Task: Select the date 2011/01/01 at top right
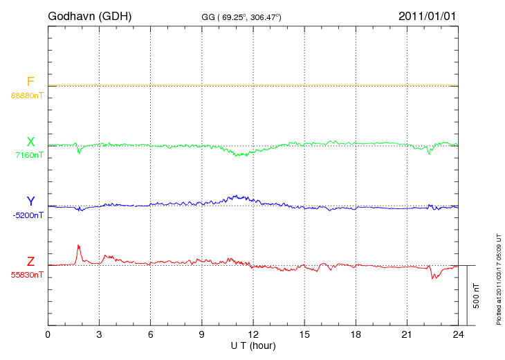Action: pyautogui.click(x=427, y=15)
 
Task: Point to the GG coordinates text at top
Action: pyautogui.click(x=241, y=16)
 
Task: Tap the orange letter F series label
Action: pyautogui.click(x=30, y=82)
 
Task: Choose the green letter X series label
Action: pyautogui.click(x=30, y=142)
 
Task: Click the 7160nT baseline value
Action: pyautogui.click(x=28, y=155)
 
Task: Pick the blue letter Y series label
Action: pyautogui.click(x=30, y=201)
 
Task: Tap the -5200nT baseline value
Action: pyautogui.click(x=28, y=215)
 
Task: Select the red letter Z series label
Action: pyautogui.click(x=30, y=262)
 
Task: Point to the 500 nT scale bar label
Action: pyautogui.click(x=477, y=296)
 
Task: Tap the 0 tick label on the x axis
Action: pyautogui.click(x=48, y=335)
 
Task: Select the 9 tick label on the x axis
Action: pyautogui.click(x=201, y=335)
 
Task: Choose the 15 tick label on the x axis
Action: pyautogui.click(x=304, y=335)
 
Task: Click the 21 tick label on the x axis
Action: pyautogui.click(x=407, y=335)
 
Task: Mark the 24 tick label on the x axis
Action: pyautogui.click(x=458, y=335)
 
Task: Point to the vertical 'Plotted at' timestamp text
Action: pyautogui.click(x=498, y=278)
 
